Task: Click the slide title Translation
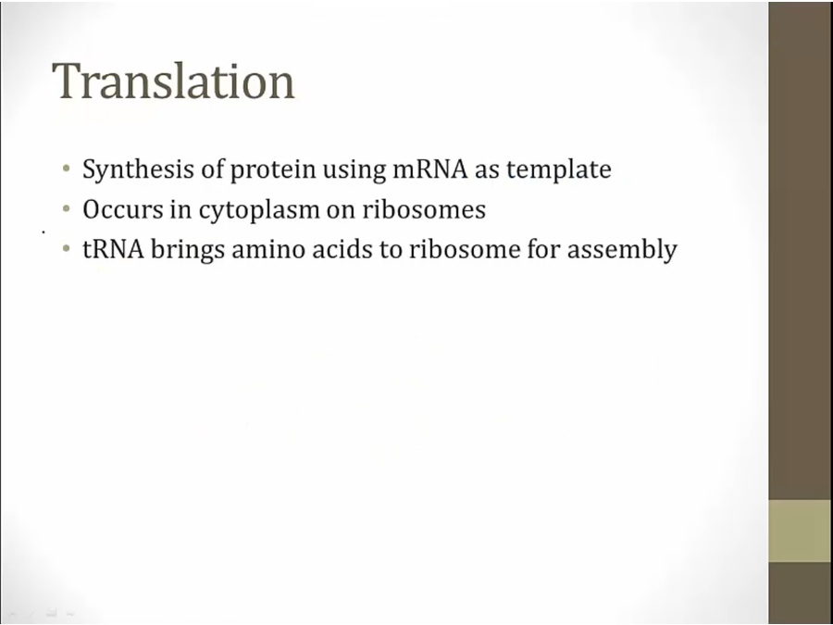coord(173,81)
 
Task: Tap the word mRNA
coord(429,169)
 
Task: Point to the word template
coord(558,170)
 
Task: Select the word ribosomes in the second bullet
coord(424,209)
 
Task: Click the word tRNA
coord(113,249)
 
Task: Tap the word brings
coord(188,250)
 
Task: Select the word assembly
coord(622,250)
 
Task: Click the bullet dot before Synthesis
coord(66,169)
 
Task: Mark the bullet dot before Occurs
coord(66,209)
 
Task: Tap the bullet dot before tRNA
coord(66,248)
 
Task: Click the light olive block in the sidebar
coord(800,531)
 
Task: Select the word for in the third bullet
coord(543,249)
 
